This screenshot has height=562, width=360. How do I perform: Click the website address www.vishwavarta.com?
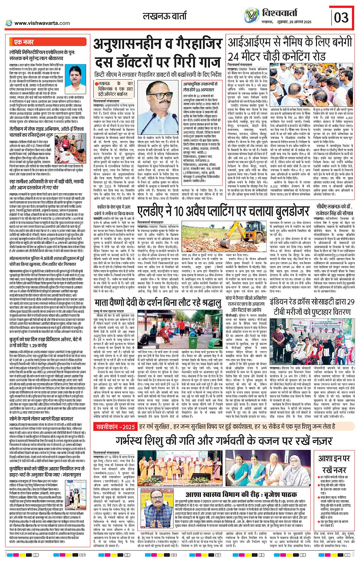42,23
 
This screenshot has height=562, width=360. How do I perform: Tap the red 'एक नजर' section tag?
24,42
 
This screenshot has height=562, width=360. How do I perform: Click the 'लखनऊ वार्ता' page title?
165,16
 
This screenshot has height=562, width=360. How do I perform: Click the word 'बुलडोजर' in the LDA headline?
283,211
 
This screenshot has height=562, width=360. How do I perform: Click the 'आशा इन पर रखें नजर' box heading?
334,464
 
